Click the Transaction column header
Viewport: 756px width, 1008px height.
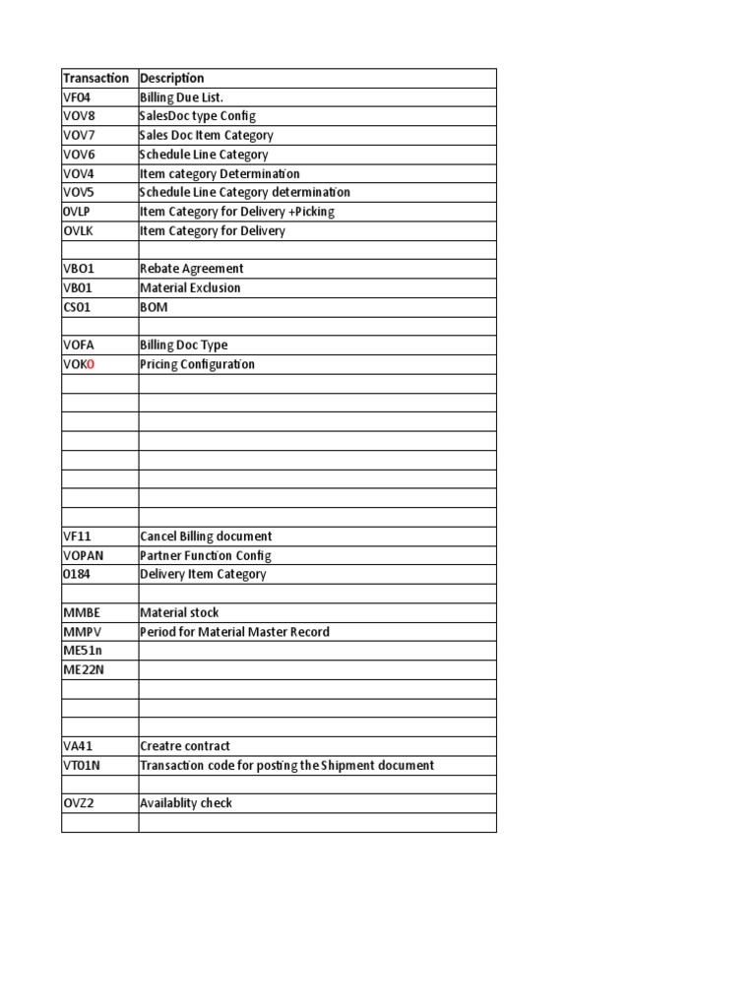(95, 78)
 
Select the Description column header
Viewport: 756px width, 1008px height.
(172, 78)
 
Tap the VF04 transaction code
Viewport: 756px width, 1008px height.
(77, 97)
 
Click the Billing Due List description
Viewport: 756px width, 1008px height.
(181, 97)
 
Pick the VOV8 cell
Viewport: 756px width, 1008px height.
(78, 116)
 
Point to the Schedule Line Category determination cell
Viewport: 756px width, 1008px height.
(244, 193)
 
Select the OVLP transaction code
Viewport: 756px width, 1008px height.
(78, 212)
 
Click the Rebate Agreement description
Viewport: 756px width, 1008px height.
(192, 269)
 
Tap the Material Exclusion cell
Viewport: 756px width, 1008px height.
(190, 288)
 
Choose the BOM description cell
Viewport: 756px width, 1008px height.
(154, 307)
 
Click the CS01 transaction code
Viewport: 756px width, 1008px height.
(77, 307)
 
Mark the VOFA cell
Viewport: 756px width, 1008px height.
(78, 346)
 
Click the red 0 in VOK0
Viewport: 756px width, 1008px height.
(91, 364)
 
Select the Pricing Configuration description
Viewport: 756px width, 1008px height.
(197, 364)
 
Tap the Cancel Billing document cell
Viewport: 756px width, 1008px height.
(206, 536)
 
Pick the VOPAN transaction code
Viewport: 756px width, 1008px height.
(83, 555)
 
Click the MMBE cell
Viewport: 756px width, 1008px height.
(81, 612)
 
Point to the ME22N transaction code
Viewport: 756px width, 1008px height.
(84, 669)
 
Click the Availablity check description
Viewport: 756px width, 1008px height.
(186, 803)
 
